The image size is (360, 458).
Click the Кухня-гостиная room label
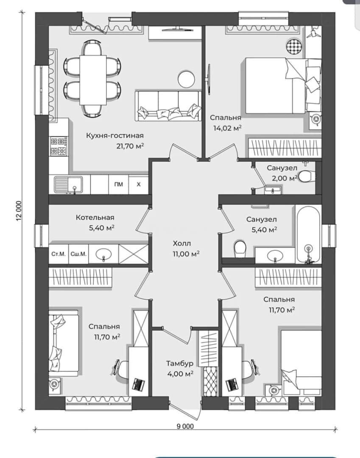click(x=115, y=136)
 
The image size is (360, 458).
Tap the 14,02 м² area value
click(x=227, y=128)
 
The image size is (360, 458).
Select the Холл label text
click(x=181, y=243)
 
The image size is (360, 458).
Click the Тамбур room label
click(x=180, y=363)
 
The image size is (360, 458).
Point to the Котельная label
click(x=95, y=218)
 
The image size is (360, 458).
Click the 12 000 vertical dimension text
click(x=19, y=211)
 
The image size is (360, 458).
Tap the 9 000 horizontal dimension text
click(x=185, y=426)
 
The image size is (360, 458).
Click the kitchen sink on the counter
click(x=68, y=184)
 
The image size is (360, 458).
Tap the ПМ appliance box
click(x=119, y=184)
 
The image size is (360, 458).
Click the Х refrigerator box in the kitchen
click(x=138, y=184)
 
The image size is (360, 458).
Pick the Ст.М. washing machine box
click(x=59, y=254)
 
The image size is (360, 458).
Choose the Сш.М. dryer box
click(x=78, y=254)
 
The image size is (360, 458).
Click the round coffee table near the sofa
click(x=186, y=78)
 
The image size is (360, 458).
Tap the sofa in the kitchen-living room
click(x=168, y=106)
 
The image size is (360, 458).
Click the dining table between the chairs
click(x=93, y=80)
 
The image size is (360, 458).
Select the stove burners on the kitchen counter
click(x=58, y=146)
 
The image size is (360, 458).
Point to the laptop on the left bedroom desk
click(x=138, y=384)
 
